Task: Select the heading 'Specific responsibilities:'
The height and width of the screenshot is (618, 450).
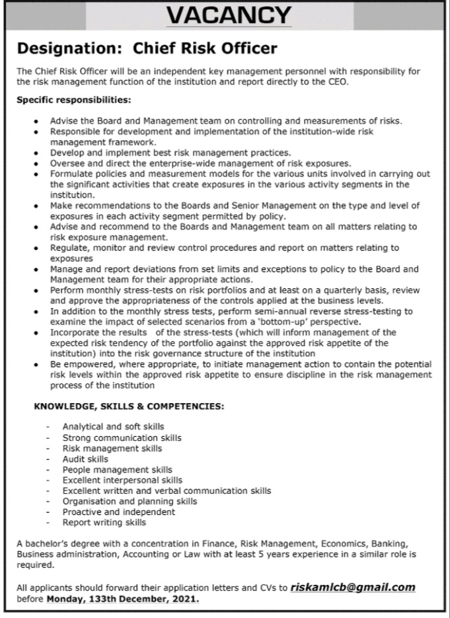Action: [x=73, y=100]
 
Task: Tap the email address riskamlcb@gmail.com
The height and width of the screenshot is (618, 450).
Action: [x=353, y=587]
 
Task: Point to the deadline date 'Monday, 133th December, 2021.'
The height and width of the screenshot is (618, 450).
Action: [x=122, y=599]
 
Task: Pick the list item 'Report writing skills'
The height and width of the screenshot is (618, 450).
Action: [x=104, y=522]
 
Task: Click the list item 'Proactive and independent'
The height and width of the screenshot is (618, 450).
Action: [x=119, y=512]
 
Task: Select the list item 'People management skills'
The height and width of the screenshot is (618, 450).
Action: [x=117, y=469]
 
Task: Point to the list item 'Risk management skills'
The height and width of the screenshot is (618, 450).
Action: [x=112, y=448]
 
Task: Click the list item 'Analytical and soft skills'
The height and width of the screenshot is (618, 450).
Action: [x=113, y=427]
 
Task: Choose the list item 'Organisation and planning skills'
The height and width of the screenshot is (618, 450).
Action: [x=130, y=501]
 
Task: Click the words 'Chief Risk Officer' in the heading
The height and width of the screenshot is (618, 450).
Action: [x=206, y=48]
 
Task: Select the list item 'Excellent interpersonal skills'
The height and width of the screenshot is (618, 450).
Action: [x=122, y=480]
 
